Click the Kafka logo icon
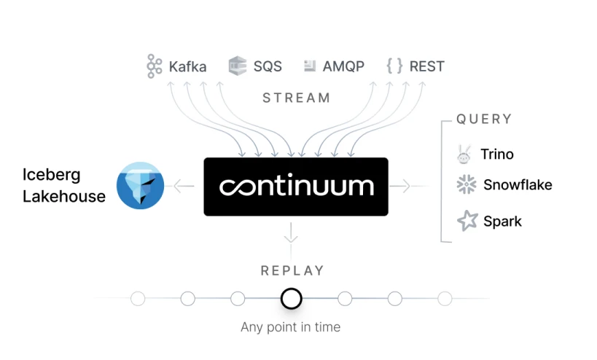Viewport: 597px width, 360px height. click(154, 66)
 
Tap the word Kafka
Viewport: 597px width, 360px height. click(187, 67)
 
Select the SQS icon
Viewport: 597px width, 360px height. click(238, 66)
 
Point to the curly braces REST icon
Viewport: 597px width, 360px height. click(394, 66)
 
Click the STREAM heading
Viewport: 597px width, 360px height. click(296, 98)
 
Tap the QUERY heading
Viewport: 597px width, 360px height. click(484, 119)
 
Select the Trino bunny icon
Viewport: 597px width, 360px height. click(464, 154)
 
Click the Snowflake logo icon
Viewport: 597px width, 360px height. click(467, 185)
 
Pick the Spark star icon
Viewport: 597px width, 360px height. click(467, 221)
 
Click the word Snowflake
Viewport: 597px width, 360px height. click(518, 185)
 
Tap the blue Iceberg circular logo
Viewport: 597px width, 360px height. click(141, 186)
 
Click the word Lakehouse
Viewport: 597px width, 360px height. click(64, 197)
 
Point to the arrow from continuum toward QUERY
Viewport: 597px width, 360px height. click(400, 187)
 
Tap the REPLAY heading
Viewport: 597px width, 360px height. click(292, 271)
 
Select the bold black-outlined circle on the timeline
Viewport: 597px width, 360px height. click(291, 299)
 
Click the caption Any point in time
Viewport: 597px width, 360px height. click(290, 327)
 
